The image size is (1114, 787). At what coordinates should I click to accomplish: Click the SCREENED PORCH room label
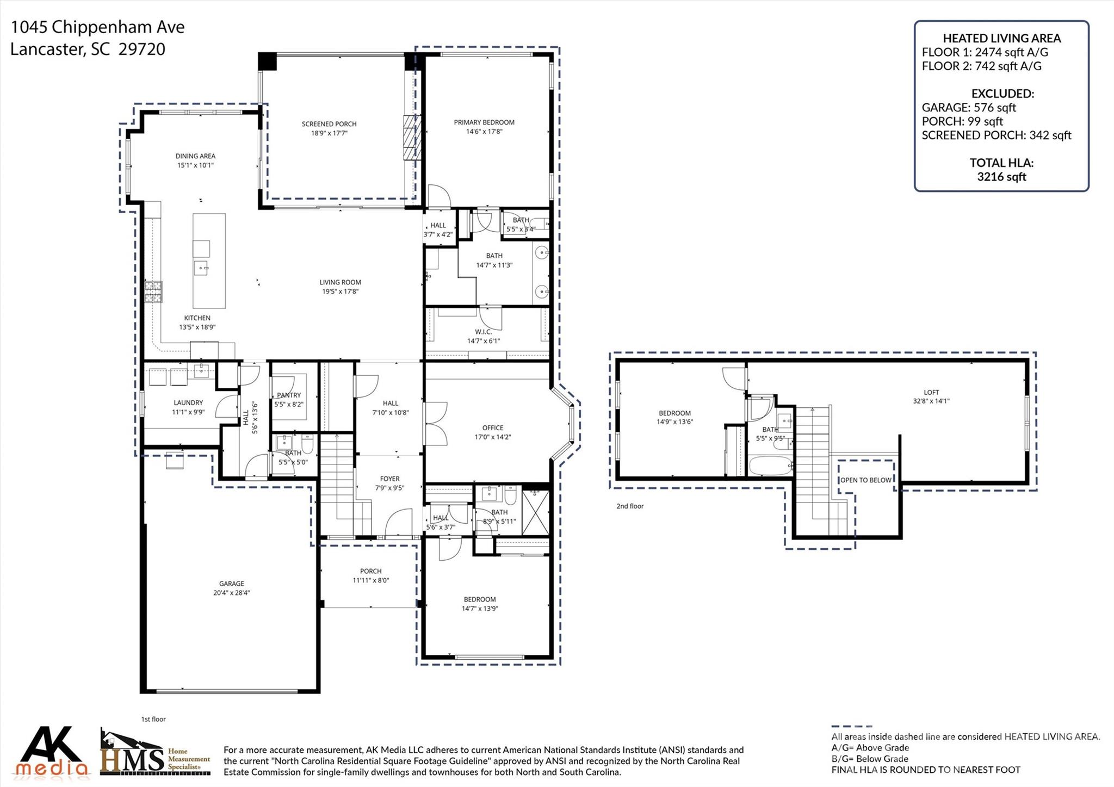329,124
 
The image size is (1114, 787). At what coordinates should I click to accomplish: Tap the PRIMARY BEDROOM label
484,122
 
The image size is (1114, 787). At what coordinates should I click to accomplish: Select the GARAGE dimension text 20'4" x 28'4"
232,593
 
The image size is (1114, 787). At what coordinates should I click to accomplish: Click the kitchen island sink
201,268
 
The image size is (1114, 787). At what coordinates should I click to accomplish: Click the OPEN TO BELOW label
865,480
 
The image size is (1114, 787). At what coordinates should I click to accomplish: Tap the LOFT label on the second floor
931,392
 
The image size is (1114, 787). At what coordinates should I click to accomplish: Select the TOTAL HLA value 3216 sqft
1001,177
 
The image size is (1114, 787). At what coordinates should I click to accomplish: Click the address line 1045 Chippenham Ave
98,27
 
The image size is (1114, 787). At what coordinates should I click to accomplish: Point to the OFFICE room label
493,428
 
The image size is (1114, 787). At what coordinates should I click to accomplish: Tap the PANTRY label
289,395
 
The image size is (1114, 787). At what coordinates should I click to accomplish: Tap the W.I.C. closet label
483,332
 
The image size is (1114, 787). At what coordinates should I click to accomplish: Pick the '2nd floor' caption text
630,506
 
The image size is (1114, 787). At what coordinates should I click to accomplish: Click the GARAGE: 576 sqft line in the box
969,108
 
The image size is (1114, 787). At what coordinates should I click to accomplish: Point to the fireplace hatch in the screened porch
409,138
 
